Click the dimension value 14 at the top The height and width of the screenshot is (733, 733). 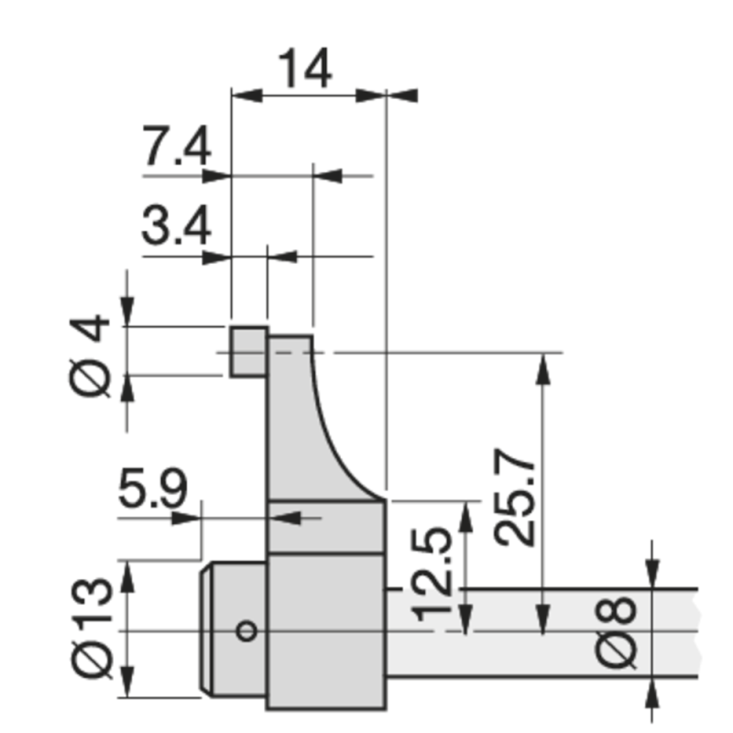[x=304, y=69]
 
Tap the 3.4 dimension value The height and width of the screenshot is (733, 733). [x=177, y=224]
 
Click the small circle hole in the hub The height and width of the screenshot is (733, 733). [x=245, y=630]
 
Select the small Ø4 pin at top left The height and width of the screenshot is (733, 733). [x=247, y=351]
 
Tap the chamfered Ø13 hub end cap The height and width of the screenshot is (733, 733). [x=233, y=630]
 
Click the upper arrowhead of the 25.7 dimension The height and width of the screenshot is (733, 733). [x=544, y=366]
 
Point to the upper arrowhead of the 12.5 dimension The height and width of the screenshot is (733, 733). [x=468, y=514]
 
